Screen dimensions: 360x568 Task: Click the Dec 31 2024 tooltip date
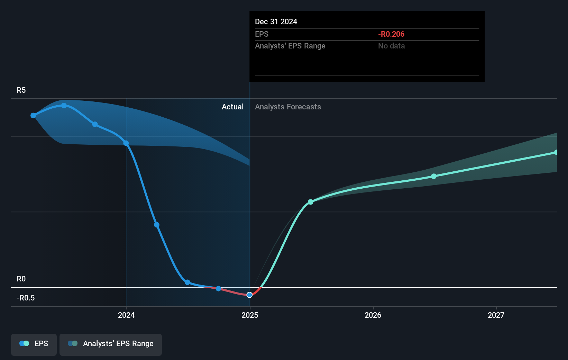[276, 21]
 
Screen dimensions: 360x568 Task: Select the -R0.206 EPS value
[391, 34]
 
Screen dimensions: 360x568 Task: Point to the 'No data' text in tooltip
[391, 46]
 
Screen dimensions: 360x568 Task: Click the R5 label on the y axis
[21, 90]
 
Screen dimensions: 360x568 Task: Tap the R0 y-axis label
[21, 279]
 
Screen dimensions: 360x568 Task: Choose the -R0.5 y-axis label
[26, 298]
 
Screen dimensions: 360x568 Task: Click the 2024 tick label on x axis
[126, 315]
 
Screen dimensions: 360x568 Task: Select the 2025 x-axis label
[250, 315]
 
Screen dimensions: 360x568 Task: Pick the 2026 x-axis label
[373, 315]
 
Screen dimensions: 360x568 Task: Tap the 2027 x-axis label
[496, 315]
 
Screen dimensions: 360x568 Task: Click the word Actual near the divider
[232, 107]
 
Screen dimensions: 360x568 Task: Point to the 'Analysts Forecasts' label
[288, 107]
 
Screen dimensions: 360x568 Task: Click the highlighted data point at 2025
[249, 295]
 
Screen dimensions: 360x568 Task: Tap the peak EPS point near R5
[64, 106]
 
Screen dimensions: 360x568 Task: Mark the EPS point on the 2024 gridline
[126, 143]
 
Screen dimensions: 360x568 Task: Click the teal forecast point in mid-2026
[434, 176]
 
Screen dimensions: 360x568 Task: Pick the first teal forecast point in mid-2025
[311, 202]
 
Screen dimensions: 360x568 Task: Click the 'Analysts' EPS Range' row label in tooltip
[290, 46]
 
